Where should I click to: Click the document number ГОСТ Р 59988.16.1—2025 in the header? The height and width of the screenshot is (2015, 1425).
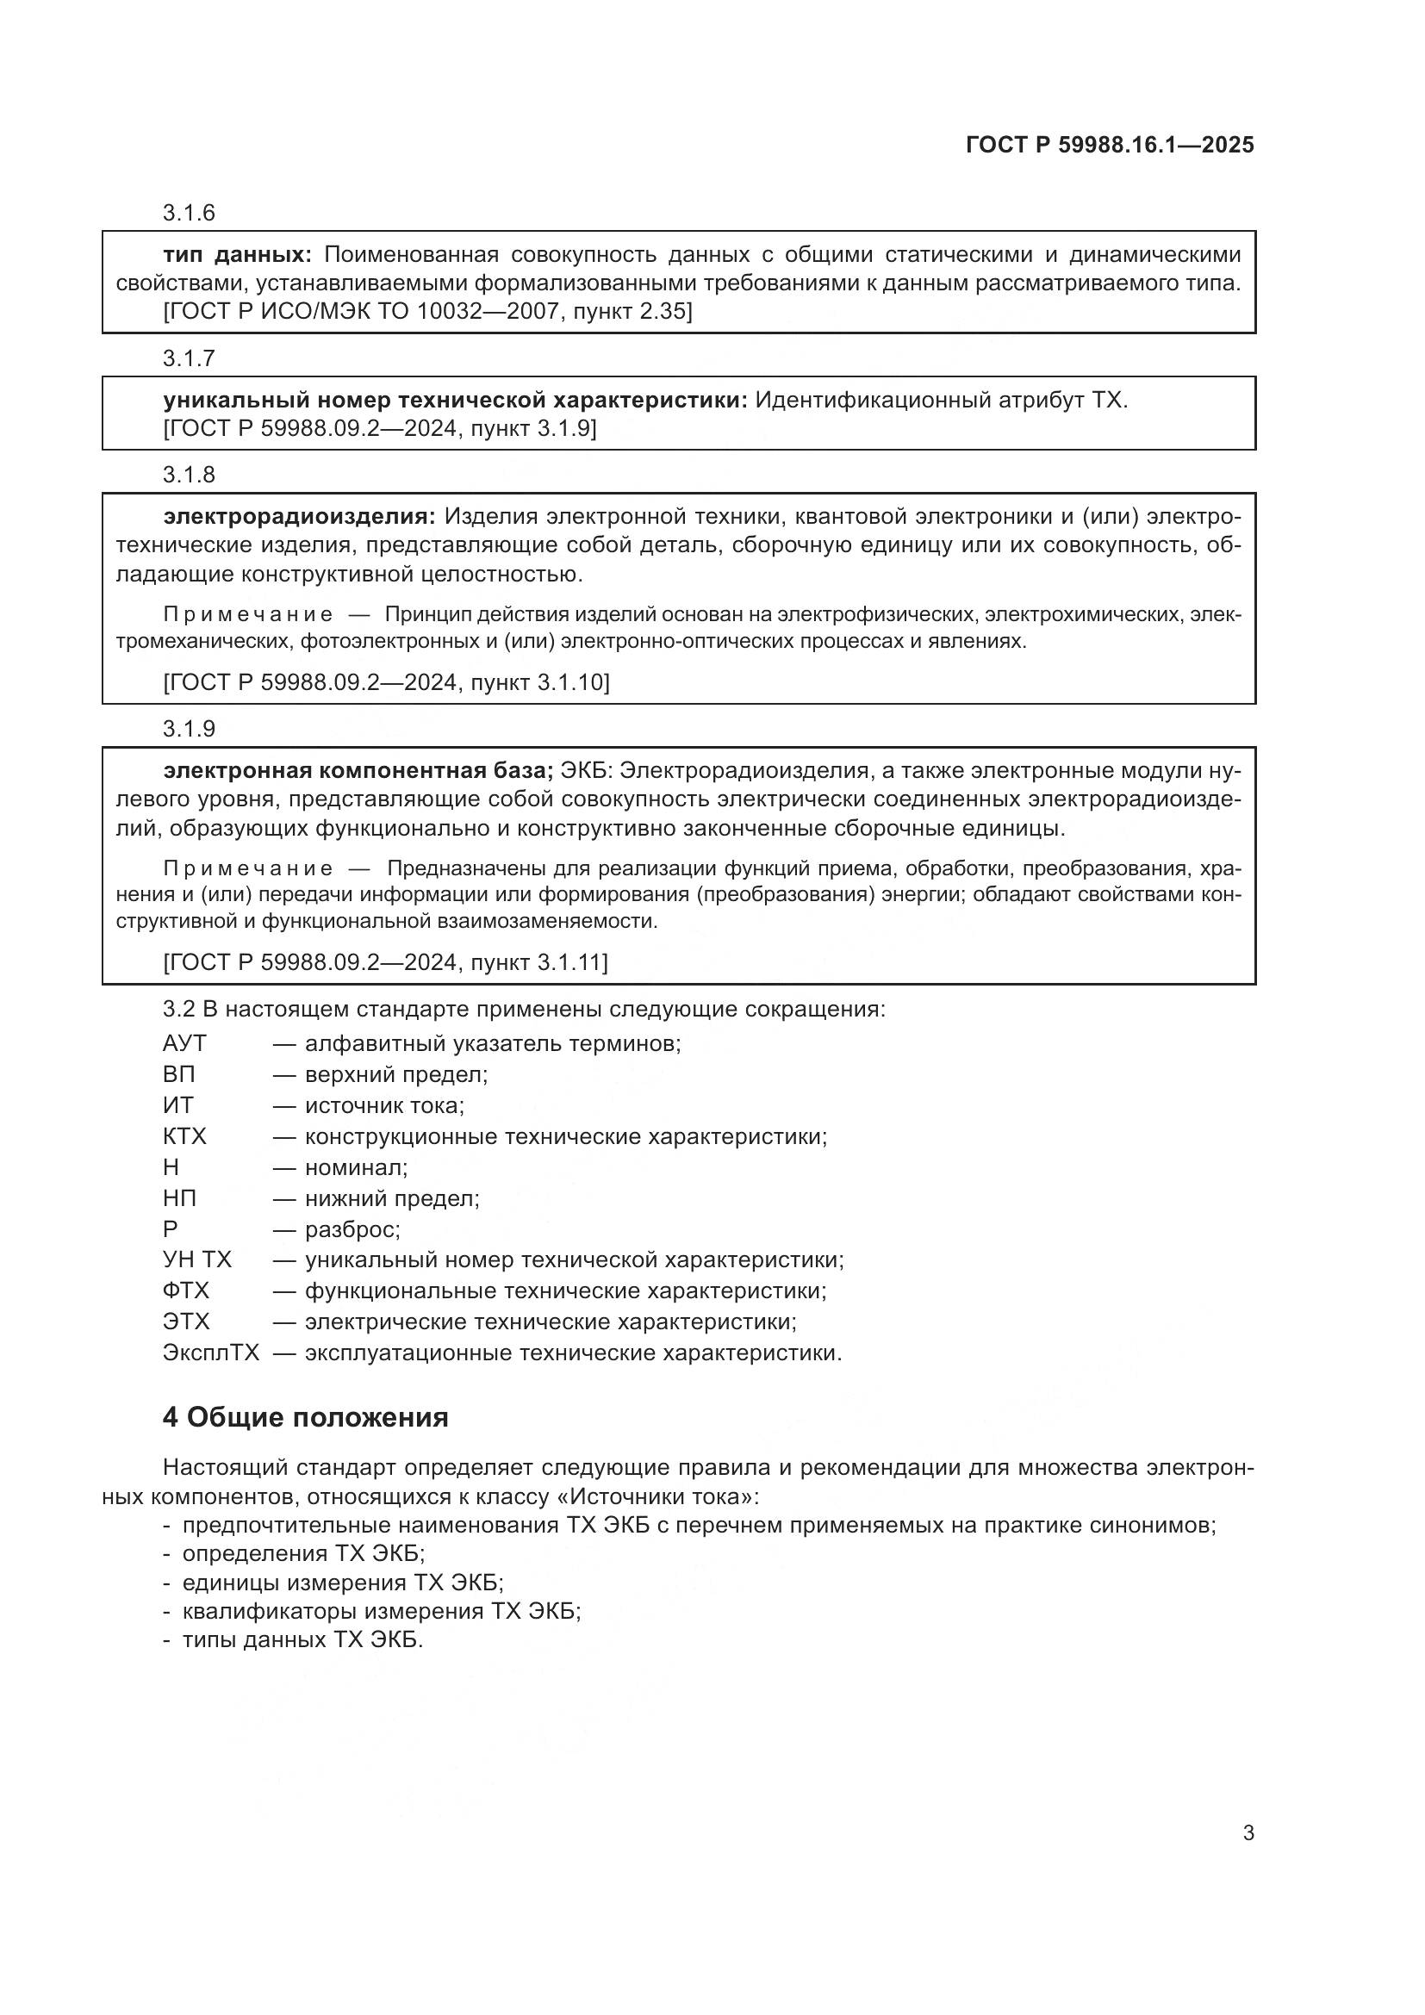point(1109,145)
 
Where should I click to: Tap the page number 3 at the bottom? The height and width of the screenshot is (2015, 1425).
point(1248,1832)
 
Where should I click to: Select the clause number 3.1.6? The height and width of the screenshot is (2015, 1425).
point(189,214)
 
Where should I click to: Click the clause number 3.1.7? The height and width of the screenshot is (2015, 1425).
point(189,358)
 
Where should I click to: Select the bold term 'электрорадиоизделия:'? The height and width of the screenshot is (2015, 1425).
point(298,516)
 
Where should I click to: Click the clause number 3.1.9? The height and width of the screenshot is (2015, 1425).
point(189,730)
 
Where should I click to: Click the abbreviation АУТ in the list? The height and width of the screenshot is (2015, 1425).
point(184,1043)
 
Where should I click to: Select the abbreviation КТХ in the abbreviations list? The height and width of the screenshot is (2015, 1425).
point(184,1136)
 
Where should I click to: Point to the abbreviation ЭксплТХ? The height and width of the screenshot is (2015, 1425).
point(210,1353)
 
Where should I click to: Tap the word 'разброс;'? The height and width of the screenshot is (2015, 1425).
point(352,1228)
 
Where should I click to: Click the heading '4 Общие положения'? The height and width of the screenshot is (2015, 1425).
point(305,1417)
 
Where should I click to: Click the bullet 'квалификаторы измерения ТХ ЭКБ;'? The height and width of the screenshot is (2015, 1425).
point(382,1610)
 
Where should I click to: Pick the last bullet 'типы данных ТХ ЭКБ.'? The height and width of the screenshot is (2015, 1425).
point(302,1639)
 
